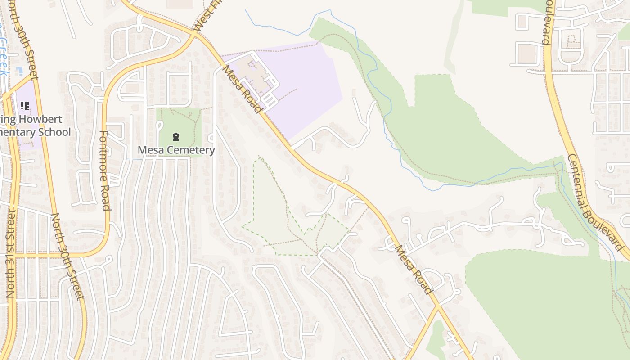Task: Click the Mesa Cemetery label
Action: pyautogui.click(x=176, y=150)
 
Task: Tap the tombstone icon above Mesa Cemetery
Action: pyautogui.click(x=176, y=137)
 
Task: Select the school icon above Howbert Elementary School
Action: pyautogui.click(x=25, y=106)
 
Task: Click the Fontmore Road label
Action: pyautogui.click(x=105, y=170)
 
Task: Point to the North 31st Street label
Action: pyautogui.click(x=11, y=253)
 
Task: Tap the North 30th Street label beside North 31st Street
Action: pyautogui.click(x=67, y=256)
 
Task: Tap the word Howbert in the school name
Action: pyautogui.click(x=43, y=120)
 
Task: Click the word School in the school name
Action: pyautogui.click(x=54, y=132)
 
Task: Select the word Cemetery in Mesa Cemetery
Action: pyautogui.click(x=194, y=150)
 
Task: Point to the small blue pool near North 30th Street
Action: pyautogui.click(x=19, y=71)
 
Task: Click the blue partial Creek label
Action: pyautogui.click(x=4, y=54)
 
